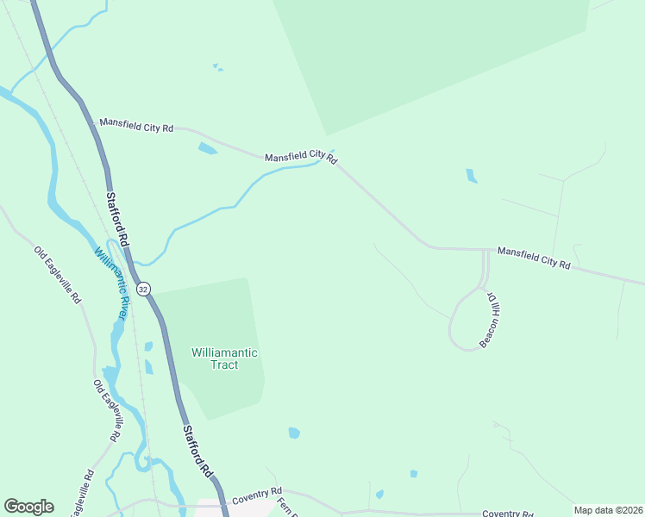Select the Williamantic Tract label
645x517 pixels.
point(224,358)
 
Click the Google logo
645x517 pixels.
point(28,507)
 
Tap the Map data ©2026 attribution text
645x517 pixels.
point(607,510)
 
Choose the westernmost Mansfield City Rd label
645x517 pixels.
point(136,126)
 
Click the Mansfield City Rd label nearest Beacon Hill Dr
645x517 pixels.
point(534,258)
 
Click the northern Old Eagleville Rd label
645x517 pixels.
point(58,275)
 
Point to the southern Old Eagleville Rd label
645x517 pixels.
point(106,410)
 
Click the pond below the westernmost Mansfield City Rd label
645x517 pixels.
point(207,148)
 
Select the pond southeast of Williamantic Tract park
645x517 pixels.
point(294,433)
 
